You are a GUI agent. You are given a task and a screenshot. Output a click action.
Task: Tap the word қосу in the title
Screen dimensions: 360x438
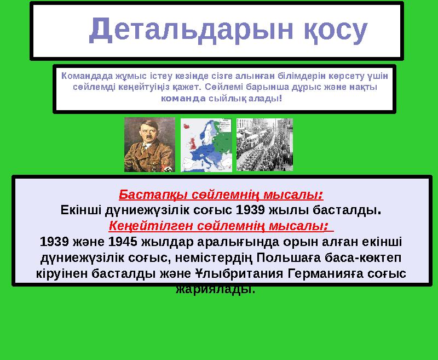(x=333, y=31)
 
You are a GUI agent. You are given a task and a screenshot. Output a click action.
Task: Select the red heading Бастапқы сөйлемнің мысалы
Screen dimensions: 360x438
(x=221, y=195)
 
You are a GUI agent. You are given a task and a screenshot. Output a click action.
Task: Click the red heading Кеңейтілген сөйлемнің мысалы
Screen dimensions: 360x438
(x=221, y=225)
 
